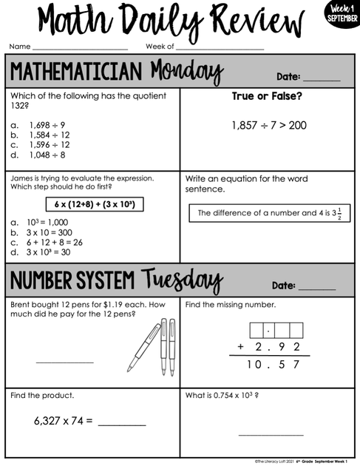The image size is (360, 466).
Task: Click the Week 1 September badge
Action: point(340,13)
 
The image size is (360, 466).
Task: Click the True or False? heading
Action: point(268,97)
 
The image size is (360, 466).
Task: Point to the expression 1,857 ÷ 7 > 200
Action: point(268,126)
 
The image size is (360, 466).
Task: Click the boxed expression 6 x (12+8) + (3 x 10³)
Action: point(94,203)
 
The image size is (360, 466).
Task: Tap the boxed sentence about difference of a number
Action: point(269,214)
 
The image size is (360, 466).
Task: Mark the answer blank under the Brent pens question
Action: point(65,362)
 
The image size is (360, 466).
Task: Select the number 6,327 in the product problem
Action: point(50,422)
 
